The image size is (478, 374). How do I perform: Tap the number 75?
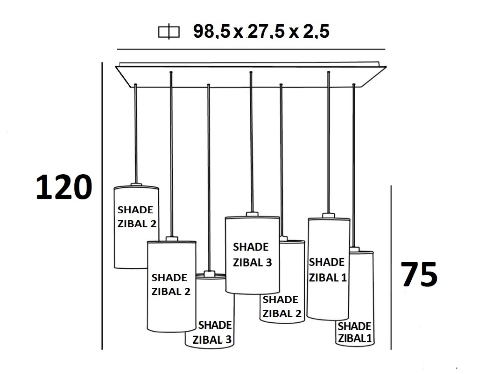419,275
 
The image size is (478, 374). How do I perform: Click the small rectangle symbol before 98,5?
169,32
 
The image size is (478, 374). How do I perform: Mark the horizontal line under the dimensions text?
251,49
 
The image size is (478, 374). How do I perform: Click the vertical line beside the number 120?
102,205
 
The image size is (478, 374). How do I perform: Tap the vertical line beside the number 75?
391,265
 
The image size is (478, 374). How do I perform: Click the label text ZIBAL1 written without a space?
355,338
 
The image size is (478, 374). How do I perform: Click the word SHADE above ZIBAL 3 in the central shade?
251,247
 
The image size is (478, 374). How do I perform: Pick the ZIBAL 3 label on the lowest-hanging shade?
212,340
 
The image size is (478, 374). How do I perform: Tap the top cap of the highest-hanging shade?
136,185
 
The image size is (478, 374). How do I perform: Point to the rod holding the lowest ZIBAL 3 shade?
208,177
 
